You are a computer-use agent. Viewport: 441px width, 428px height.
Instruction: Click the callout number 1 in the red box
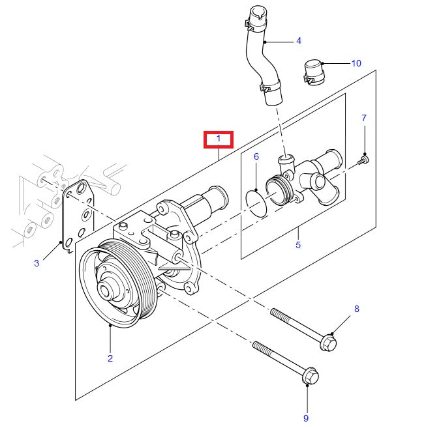click(219, 139)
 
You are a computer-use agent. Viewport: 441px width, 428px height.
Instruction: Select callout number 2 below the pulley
click(110, 358)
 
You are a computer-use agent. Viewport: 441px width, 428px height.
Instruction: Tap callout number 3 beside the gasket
click(37, 263)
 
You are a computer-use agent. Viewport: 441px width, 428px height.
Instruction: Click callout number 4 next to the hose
click(298, 40)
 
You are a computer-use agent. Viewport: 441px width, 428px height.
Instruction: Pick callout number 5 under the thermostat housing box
click(298, 246)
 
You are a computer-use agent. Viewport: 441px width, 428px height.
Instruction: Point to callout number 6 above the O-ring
click(256, 156)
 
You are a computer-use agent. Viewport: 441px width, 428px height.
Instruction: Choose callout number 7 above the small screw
click(364, 118)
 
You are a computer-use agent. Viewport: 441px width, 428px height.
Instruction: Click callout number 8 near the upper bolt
click(356, 309)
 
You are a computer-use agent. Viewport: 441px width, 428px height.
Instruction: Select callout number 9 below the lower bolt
click(305, 418)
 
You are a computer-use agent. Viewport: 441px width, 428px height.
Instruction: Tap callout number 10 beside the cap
click(356, 63)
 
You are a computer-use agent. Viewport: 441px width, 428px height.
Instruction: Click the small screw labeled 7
click(364, 159)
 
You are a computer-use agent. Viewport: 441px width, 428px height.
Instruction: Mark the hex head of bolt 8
click(329, 341)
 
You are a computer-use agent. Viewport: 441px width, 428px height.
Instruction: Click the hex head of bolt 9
click(311, 376)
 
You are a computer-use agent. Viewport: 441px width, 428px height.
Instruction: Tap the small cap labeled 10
click(313, 71)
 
